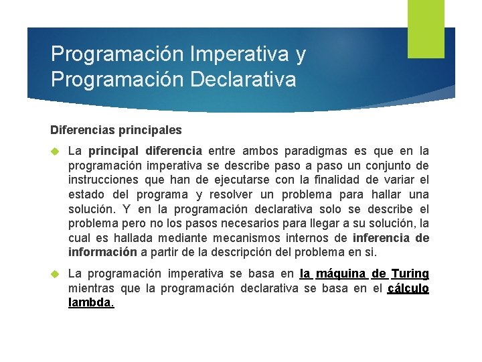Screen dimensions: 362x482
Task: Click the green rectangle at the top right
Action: [426, 28]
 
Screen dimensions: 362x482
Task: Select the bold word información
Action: [102, 253]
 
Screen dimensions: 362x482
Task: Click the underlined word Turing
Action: [410, 274]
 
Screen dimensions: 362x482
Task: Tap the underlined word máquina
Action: [341, 274]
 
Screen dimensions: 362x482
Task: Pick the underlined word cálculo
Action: [408, 288]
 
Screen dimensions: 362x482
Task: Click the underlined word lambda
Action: [90, 303]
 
